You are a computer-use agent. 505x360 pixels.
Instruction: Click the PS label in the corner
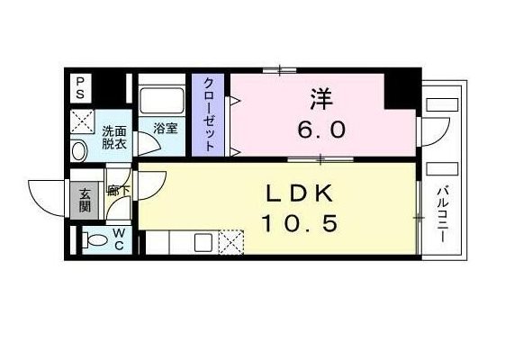point(80,86)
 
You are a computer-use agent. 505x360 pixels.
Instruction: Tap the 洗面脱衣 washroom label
point(114,135)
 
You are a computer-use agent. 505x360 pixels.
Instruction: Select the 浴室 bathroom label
point(165,128)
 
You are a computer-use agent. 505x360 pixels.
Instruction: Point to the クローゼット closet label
point(209,116)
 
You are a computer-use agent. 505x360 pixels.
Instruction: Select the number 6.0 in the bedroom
point(321,129)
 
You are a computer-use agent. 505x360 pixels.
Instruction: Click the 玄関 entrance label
point(85,199)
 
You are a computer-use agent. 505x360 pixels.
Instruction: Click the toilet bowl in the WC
point(93,240)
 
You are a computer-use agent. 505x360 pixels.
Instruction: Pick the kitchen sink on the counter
point(203,241)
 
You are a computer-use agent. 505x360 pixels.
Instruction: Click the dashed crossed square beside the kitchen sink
point(231,241)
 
